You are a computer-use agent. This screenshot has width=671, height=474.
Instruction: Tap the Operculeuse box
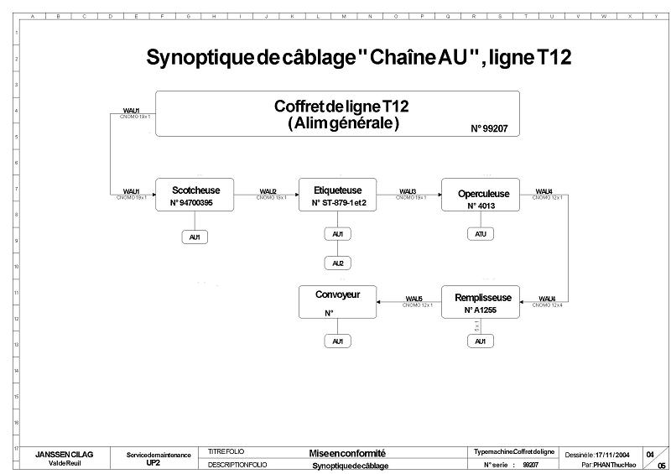coord(480,197)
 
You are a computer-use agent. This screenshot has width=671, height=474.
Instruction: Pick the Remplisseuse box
coord(480,302)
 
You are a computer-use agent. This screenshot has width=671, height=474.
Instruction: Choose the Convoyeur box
coord(337,302)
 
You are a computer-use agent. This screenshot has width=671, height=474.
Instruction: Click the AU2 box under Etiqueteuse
coord(337,263)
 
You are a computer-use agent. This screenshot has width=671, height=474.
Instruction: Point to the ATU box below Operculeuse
coord(480,234)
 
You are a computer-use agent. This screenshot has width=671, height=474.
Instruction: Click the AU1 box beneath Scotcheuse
coord(195,237)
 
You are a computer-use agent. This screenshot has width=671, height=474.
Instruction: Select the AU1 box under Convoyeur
coord(337,341)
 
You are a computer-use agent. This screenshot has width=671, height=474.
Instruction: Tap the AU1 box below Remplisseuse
coord(480,341)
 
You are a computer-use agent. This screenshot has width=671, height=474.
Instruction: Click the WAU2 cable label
coord(268,191)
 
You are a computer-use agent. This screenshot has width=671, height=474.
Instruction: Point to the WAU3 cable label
coord(408,191)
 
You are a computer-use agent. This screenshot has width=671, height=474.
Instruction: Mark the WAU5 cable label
coord(414,299)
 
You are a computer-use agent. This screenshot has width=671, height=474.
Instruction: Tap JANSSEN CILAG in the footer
coord(64,454)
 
